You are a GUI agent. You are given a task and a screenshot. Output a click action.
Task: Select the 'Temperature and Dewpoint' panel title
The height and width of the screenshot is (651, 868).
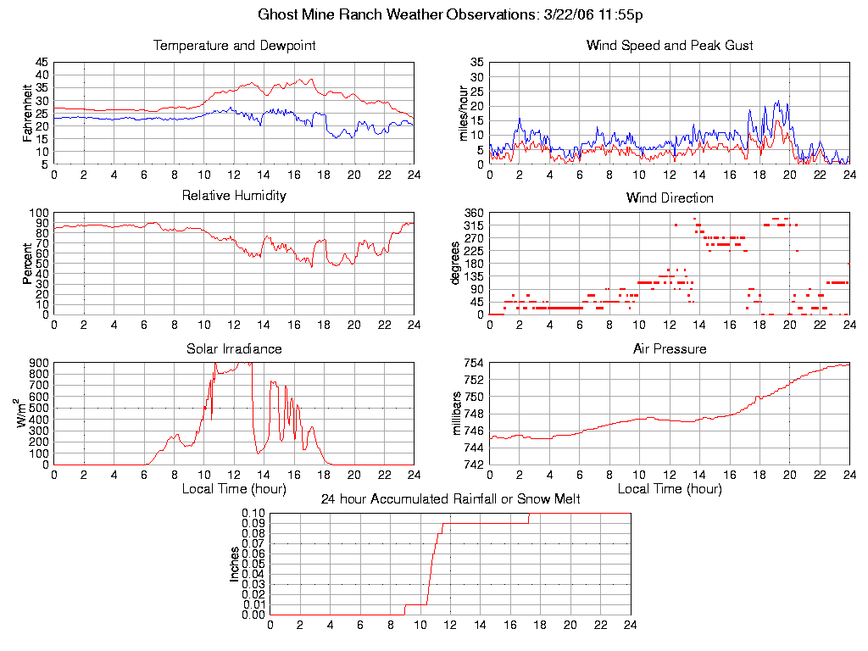pyautogui.click(x=234, y=45)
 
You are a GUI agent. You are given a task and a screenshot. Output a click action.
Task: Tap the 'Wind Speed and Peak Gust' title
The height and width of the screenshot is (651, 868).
pyautogui.click(x=670, y=45)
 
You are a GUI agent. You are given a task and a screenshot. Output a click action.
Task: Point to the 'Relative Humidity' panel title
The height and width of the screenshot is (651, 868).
pyautogui.click(x=234, y=196)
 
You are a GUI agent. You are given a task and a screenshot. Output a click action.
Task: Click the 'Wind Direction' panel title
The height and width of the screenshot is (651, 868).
pyautogui.click(x=670, y=198)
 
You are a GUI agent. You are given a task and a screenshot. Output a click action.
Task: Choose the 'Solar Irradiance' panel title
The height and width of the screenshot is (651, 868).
pyautogui.click(x=234, y=348)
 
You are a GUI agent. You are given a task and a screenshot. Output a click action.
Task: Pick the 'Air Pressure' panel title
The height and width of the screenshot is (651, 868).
pyautogui.click(x=670, y=348)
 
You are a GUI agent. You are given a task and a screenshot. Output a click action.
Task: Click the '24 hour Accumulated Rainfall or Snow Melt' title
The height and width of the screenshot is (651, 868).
pyautogui.click(x=450, y=499)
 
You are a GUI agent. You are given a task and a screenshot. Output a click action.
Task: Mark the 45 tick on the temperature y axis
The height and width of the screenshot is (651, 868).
pyautogui.click(x=42, y=63)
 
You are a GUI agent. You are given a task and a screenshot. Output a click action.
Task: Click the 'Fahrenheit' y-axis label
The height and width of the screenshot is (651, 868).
pyautogui.click(x=27, y=113)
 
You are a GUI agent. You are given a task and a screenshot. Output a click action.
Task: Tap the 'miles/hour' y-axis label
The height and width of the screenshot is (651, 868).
pyautogui.click(x=463, y=113)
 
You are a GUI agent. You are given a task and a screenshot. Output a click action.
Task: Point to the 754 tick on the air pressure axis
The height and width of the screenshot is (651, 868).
pyautogui.click(x=474, y=364)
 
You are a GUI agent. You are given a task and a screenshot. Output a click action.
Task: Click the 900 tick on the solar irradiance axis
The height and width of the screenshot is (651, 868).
pyautogui.click(x=39, y=364)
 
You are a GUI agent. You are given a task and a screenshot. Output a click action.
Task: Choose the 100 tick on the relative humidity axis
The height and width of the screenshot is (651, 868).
pyautogui.click(x=39, y=213)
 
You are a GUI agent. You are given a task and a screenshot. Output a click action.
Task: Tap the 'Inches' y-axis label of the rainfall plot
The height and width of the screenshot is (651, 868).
pyautogui.click(x=235, y=564)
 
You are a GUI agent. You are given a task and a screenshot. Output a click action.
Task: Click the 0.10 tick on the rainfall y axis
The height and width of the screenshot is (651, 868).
pyautogui.click(x=253, y=514)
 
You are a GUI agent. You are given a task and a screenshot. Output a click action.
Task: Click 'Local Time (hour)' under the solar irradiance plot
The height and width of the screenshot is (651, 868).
pyautogui.click(x=234, y=489)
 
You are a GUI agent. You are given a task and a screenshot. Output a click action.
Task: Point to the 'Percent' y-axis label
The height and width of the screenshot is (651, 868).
pyautogui.click(x=27, y=264)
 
